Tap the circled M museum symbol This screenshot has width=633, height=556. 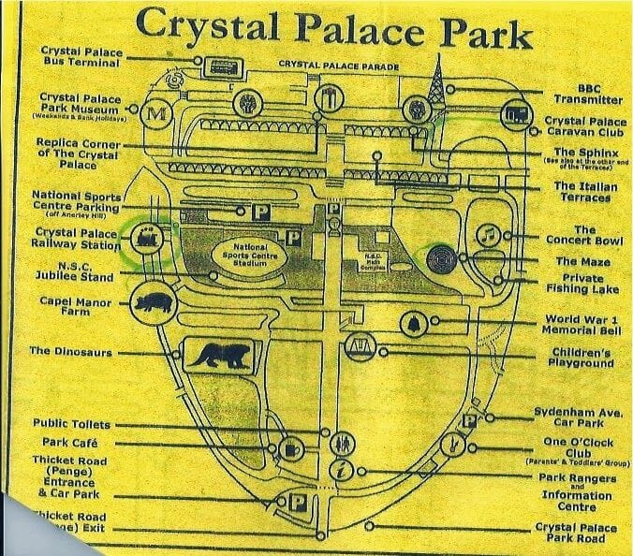[159, 112]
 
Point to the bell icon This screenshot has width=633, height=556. [410, 324]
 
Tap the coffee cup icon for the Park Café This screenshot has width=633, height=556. [291, 451]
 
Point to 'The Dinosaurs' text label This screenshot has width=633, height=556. [70, 352]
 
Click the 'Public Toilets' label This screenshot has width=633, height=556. [71, 423]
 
